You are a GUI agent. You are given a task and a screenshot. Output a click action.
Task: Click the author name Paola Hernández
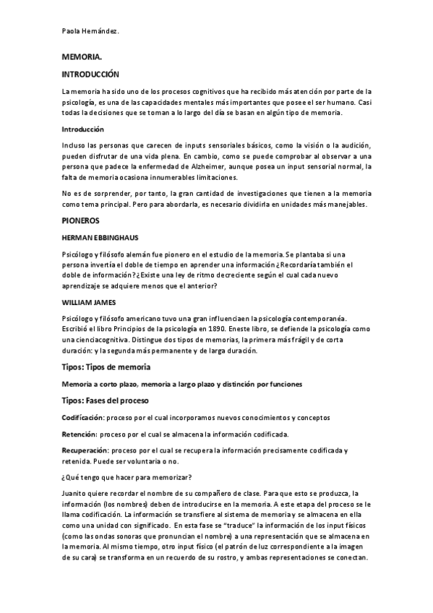(90, 32)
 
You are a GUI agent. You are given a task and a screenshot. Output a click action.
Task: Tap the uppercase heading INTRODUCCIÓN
(90, 74)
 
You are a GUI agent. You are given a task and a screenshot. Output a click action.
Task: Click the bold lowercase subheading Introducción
(84, 129)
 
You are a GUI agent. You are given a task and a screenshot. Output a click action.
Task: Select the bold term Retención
(79, 434)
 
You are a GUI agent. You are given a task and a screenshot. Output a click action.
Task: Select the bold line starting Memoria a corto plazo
(181, 383)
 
